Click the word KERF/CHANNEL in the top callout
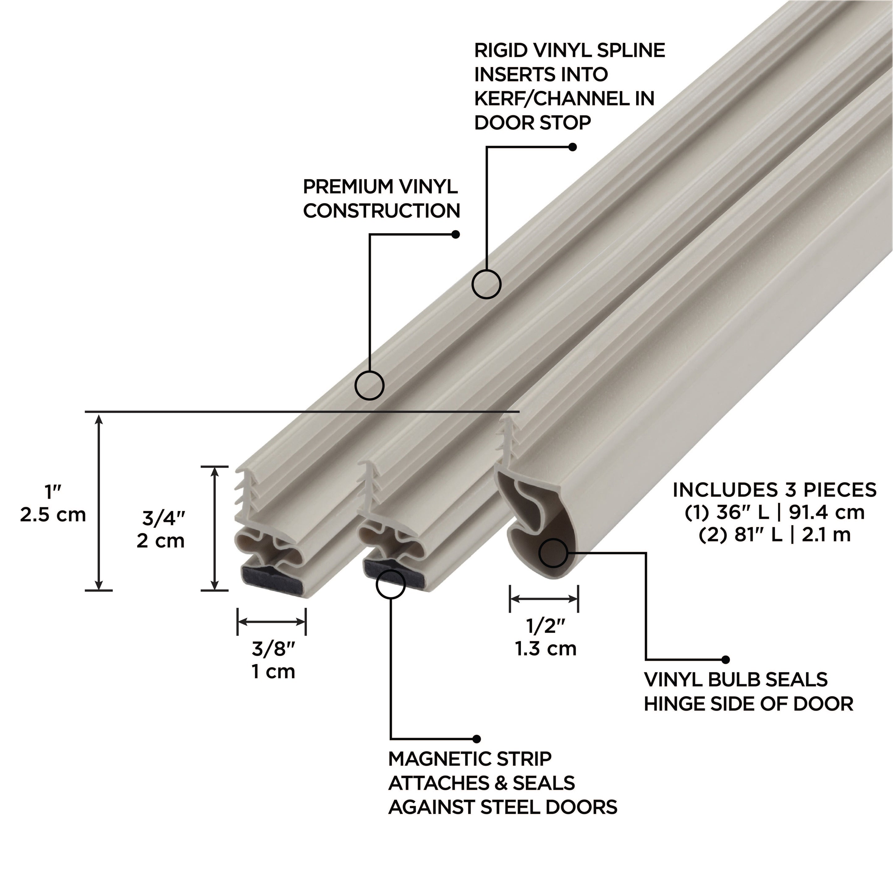point(550,99)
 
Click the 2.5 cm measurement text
point(53,514)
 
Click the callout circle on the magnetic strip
point(391,584)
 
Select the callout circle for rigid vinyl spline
point(486,284)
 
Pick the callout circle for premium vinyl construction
point(369,385)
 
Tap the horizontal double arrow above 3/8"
point(271,622)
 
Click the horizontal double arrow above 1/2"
point(544,599)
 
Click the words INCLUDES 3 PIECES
point(774,490)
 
